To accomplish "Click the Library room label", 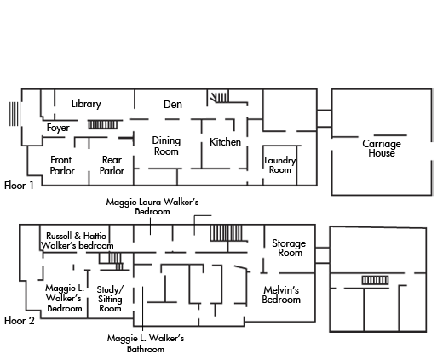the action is [x=86, y=104].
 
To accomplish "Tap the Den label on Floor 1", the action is [x=173, y=105].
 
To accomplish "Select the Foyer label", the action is [x=58, y=128].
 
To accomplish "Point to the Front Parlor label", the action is [x=62, y=165].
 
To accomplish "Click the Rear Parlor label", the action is [x=112, y=165].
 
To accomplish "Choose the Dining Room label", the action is [x=166, y=146].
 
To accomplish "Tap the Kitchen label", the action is [x=225, y=142].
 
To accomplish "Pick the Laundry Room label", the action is [x=280, y=165].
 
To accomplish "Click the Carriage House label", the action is [x=382, y=148].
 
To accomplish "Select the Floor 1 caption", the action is [x=19, y=186].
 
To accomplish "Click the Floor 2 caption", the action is [x=20, y=321].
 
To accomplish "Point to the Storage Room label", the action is [x=289, y=248].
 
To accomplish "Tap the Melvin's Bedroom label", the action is [x=281, y=294].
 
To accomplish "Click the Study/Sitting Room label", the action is [x=110, y=299].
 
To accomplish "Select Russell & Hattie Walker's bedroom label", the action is [x=77, y=241].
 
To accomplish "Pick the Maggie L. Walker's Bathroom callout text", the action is [x=146, y=344].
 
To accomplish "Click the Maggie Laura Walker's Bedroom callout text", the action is [x=152, y=207].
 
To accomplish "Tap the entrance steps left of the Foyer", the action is [x=14, y=114].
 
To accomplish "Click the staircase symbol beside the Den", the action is [x=219, y=97].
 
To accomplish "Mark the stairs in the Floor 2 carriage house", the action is [x=375, y=280].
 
